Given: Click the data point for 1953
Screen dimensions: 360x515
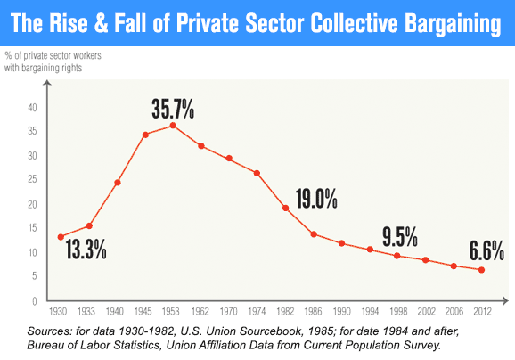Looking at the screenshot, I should coord(173,125).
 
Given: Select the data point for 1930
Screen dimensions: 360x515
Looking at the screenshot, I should coord(61,237).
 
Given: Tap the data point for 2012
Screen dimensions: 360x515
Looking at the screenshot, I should coord(482,270).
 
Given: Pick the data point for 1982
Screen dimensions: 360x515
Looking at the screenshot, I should coord(285,209).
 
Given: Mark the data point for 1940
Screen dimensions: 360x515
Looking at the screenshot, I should coord(117,183).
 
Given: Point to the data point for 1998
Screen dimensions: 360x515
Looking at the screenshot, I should coord(397,256).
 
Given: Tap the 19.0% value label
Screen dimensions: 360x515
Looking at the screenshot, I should coord(316,198).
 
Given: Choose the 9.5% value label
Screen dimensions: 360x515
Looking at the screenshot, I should coord(400,237).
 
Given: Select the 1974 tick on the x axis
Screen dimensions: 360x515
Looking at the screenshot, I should coord(257,313).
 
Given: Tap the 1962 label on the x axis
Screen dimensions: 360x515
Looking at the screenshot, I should coord(201,313).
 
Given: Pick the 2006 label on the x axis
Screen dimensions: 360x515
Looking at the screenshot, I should coord(454,313).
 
